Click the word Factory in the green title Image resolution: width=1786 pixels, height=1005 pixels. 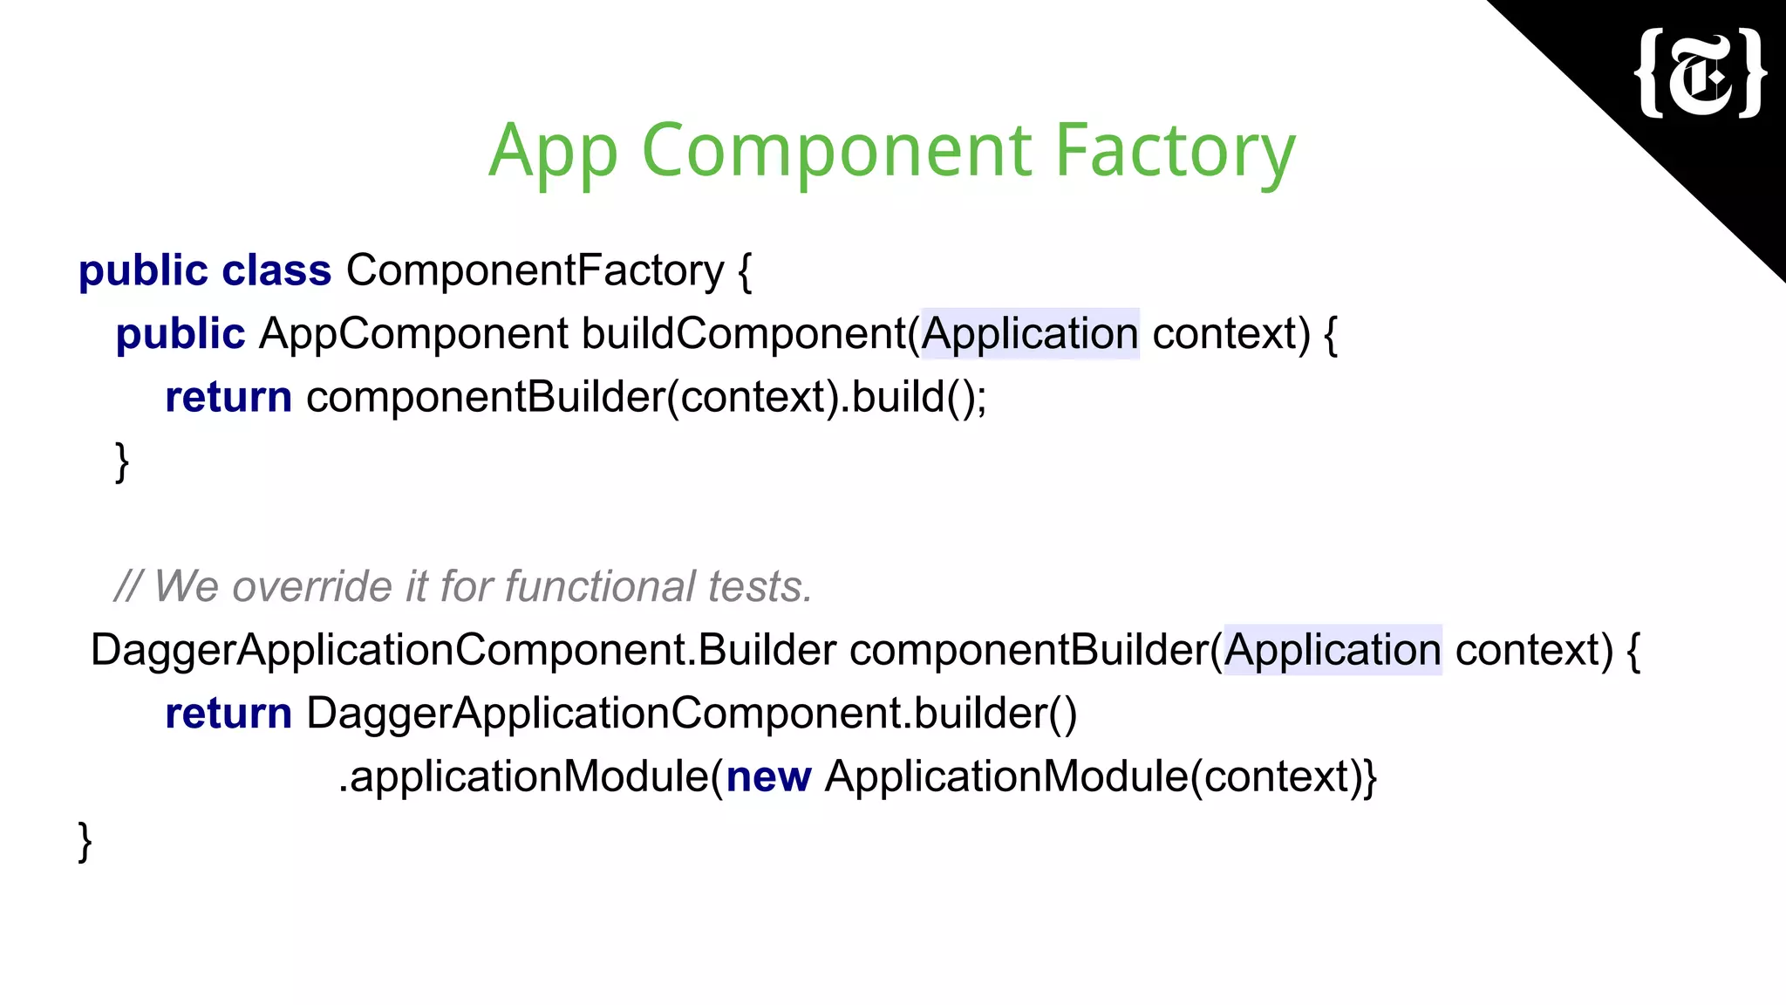click(x=1175, y=150)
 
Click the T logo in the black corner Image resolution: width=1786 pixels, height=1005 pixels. click(x=1701, y=73)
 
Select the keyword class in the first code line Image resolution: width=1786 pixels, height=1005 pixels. click(x=276, y=270)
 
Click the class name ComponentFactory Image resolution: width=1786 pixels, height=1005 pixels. click(x=535, y=270)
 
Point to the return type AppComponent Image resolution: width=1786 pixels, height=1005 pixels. click(x=413, y=334)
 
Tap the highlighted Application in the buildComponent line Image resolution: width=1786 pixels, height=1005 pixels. click(x=1030, y=334)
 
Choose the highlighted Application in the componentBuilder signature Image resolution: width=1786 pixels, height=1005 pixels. click(x=1333, y=651)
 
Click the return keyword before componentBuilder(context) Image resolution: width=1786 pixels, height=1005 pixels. click(x=228, y=398)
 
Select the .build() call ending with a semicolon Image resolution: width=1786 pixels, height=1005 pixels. click(x=917, y=398)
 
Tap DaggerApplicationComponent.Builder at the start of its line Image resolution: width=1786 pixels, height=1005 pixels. click(x=463, y=651)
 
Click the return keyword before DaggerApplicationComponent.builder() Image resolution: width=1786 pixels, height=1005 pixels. click(x=228, y=714)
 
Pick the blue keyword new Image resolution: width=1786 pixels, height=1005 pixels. click(x=768, y=777)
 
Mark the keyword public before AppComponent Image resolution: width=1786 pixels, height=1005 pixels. click(x=181, y=334)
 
